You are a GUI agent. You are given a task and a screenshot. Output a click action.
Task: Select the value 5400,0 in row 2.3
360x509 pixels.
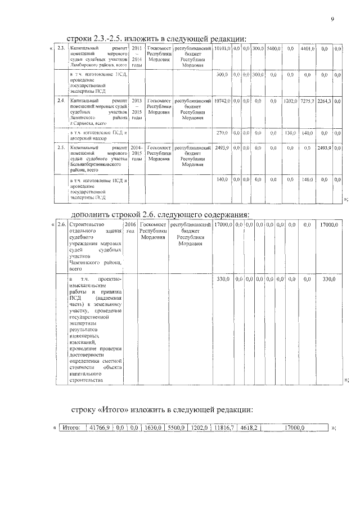pos(273,49)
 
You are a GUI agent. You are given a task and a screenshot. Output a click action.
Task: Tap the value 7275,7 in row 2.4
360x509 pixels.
pos(308,101)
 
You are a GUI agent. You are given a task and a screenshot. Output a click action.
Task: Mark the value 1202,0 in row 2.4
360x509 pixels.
pos(290,101)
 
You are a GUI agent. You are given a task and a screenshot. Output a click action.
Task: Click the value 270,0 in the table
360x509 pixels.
pos(222,133)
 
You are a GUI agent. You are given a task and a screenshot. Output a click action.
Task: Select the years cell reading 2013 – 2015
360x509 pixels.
pos(137,106)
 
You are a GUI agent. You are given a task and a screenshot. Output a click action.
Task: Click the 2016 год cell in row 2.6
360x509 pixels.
pos(130,228)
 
